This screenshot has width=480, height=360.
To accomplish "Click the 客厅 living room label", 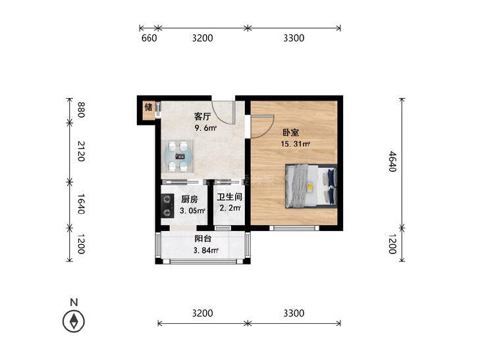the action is [x=202, y=116].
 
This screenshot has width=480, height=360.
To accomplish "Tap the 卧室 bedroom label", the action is [x=290, y=133].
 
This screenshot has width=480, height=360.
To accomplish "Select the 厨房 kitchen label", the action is [x=189, y=199].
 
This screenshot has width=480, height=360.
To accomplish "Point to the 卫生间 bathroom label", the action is [x=230, y=197].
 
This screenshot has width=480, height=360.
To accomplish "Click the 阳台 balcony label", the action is [x=203, y=238].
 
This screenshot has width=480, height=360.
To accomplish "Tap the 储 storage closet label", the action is [x=148, y=107].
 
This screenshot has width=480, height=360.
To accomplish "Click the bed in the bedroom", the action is [x=311, y=186].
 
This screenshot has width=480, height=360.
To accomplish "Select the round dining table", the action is [x=178, y=156].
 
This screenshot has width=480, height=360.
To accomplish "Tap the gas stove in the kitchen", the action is [x=167, y=205].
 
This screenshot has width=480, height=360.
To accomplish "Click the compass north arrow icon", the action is [x=74, y=321].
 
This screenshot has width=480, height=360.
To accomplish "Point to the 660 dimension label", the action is [x=149, y=38].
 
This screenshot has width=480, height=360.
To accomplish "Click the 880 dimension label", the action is [x=81, y=110].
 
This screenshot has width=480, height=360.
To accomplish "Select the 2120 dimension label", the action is [x=81, y=151].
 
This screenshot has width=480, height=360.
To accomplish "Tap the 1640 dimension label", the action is [x=81, y=204].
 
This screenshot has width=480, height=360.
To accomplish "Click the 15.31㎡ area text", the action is [x=296, y=143].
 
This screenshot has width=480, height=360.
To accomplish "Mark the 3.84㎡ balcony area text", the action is [x=205, y=251].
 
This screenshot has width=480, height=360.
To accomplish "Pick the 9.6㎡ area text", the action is [x=205, y=128].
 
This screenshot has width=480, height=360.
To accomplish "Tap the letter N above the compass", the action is [x=74, y=302].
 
